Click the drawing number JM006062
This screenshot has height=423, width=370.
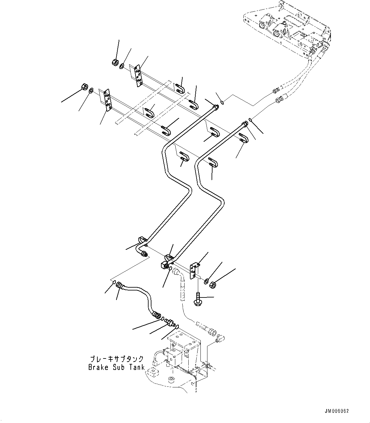(337, 411)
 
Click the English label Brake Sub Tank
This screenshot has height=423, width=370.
(116, 367)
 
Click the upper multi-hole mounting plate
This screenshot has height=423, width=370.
(138, 76)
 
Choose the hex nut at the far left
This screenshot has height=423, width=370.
(84, 86)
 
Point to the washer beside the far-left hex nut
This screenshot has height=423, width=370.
(91, 90)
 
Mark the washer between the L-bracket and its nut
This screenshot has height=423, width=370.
(206, 281)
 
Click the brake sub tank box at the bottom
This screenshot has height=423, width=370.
(183, 351)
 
